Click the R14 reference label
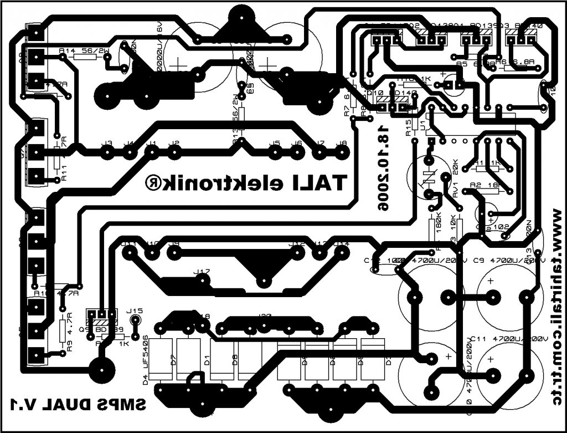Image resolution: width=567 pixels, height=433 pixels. (x=67, y=51)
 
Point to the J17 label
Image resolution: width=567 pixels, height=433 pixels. (x=202, y=272)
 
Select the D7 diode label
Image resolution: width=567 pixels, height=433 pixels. (x=173, y=361)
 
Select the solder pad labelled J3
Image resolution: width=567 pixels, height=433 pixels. (x=107, y=150)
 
